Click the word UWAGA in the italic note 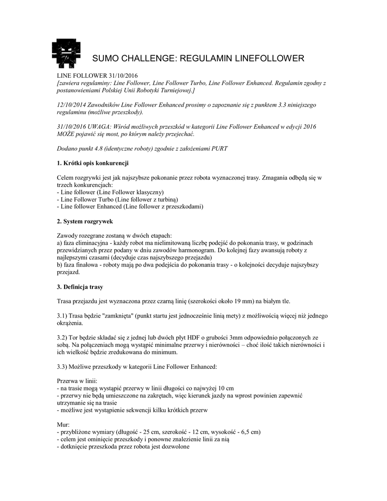tap(102, 126)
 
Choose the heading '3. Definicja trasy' tap(80, 285)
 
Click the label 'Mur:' tap(63, 424)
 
